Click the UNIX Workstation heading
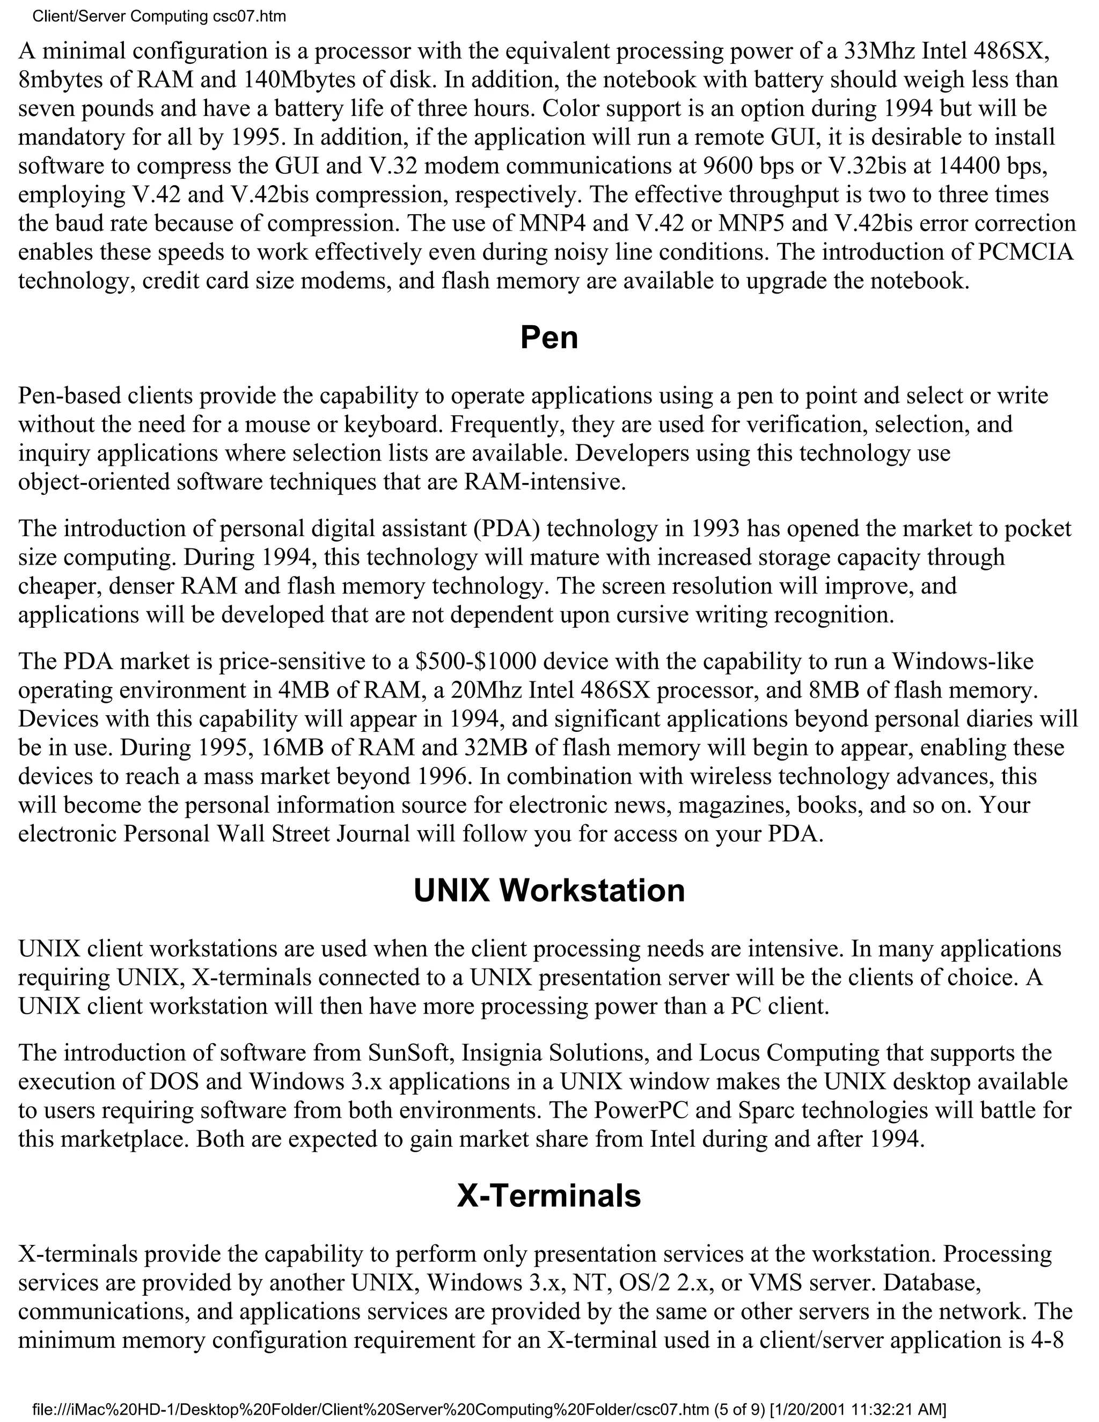pos(549,890)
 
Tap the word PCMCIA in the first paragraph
pos(1025,252)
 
